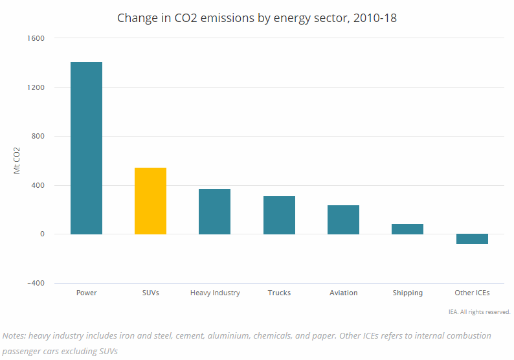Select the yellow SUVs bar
coord(150,201)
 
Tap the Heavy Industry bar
coord(214,211)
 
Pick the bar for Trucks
coord(279,215)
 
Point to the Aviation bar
coord(343,219)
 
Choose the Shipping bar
coord(407,229)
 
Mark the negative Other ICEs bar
coord(472,239)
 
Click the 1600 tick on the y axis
coord(36,39)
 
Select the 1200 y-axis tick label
coord(36,87)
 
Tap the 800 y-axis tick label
coord(38,137)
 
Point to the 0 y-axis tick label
coord(42,234)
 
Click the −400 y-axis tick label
coord(36,283)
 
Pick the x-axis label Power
coord(86,293)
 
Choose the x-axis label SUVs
coord(150,293)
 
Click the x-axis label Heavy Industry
coord(215,293)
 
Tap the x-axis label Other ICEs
coord(472,293)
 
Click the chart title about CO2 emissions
coord(257,17)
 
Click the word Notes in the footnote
coord(16,336)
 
